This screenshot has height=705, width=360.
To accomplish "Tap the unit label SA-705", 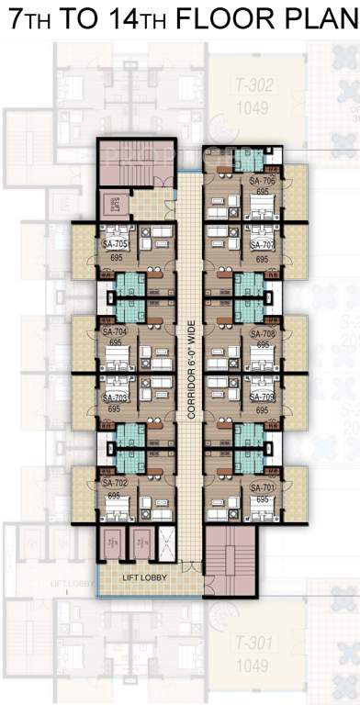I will click(x=115, y=245).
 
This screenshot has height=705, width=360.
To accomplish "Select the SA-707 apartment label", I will click(x=263, y=245).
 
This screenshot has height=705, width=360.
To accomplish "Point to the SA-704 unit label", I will click(x=114, y=332).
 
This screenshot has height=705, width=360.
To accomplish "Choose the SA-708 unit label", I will click(x=263, y=334).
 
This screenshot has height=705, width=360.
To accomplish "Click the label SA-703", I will click(x=115, y=397).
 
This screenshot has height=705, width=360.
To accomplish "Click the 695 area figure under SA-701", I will click(x=262, y=499).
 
